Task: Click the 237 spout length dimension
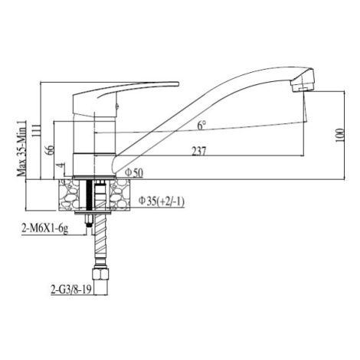198,151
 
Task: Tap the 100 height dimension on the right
339,135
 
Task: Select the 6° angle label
201,125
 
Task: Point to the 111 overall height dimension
36,129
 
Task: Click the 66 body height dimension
50,150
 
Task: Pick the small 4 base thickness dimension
61,165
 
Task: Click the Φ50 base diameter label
134,173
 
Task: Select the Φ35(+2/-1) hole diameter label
162,201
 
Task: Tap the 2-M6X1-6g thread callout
45,228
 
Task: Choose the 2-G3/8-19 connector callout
71,290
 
